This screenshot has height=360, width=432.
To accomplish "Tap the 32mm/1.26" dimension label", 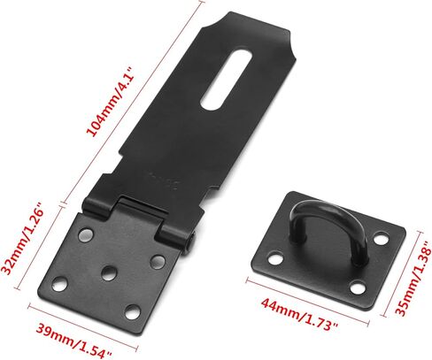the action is (24, 241).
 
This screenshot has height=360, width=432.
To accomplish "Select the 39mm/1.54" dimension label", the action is (73, 340).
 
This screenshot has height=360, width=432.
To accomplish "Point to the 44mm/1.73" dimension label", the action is (300, 315).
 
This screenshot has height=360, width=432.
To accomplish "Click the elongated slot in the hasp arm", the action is (227, 80).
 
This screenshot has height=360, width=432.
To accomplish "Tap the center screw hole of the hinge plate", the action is (109, 272).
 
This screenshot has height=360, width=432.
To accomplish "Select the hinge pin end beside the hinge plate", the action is (190, 241).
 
